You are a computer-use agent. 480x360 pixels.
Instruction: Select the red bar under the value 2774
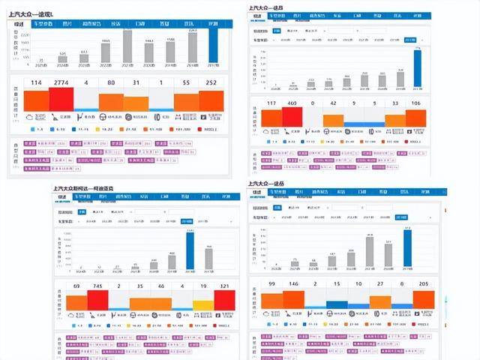(x=61, y=100)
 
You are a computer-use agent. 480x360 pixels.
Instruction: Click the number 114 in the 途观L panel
(x=36, y=82)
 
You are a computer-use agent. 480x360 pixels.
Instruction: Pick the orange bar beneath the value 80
(x=111, y=101)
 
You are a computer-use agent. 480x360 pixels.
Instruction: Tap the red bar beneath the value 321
(x=225, y=299)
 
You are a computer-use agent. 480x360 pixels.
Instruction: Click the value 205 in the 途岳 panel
(x=425, y=284)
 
